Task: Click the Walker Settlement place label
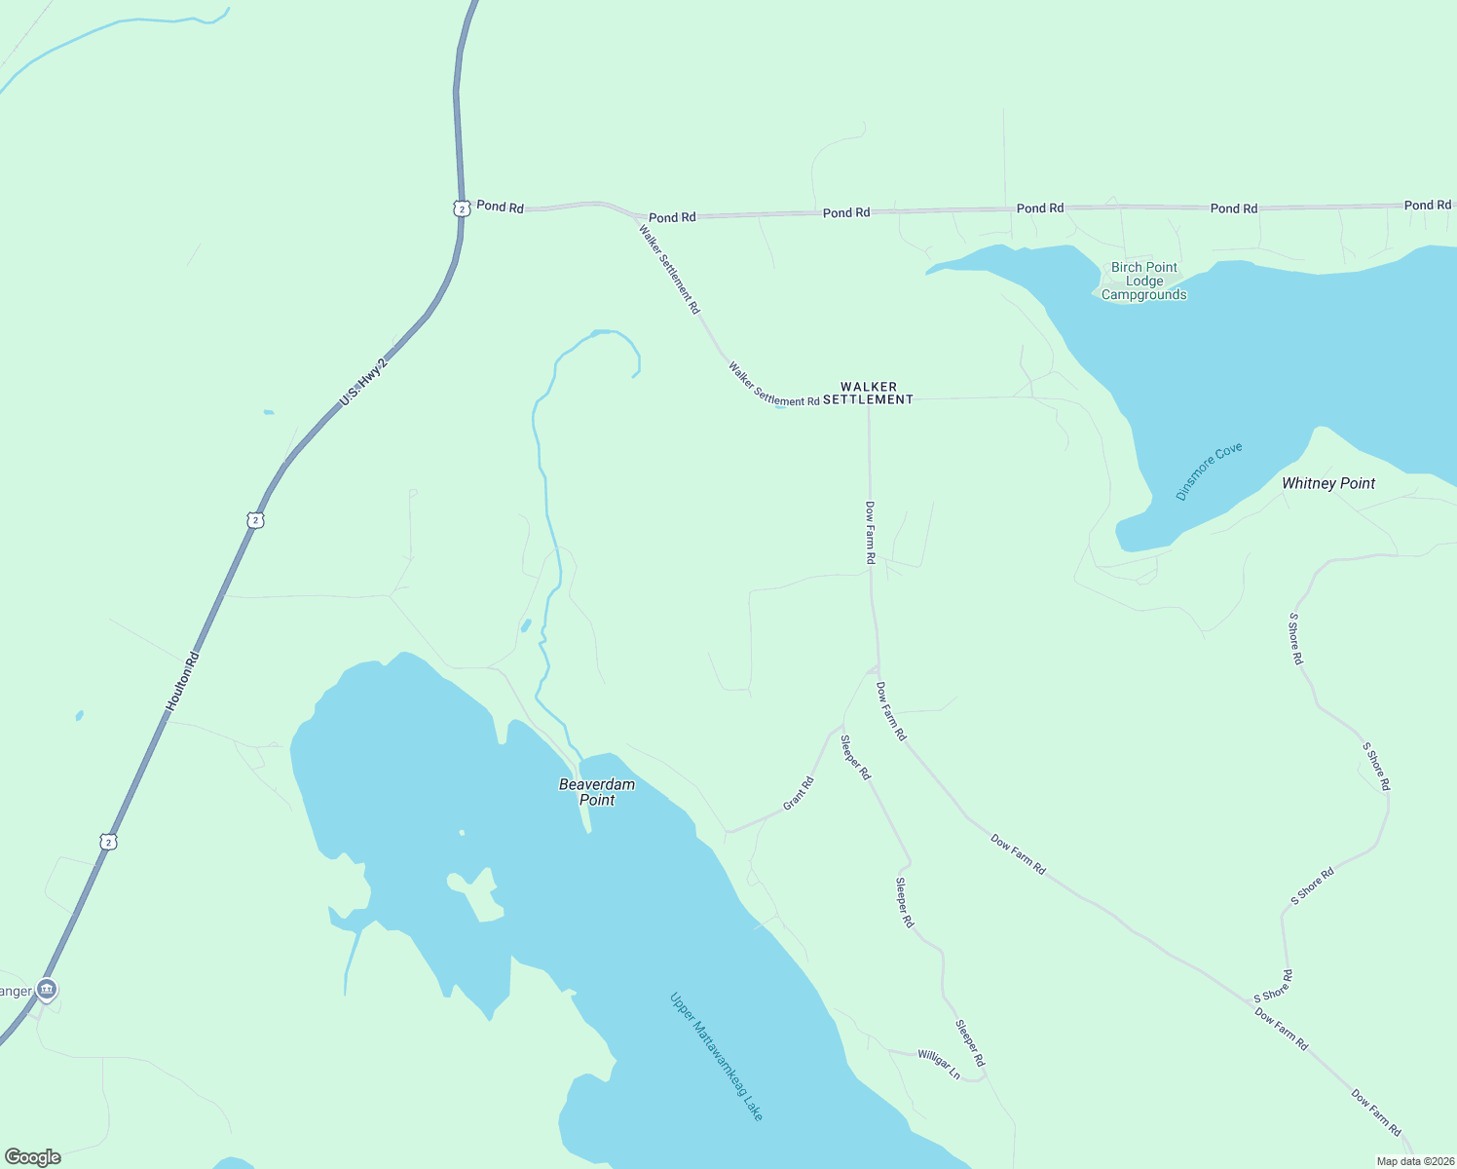tap(868, 393)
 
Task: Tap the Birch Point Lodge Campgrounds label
tap(1144, 281)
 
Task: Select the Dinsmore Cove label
tap(1209, 471)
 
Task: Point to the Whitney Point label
tap(1328, 483)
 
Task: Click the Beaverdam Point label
tap(597, 792)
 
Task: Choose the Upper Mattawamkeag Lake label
tap(717, 1056)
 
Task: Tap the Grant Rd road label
tap(798, 793)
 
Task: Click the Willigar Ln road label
tap(939, 1064)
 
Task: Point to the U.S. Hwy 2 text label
tap(362, 383)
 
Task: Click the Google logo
tap(33, 1157)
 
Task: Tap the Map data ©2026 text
tap(1414, 1161)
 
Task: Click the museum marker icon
tap(46, 990)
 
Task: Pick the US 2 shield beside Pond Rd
tap(462, 207)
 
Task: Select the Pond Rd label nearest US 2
tap(500, 207)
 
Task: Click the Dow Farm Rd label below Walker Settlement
tap(870, 533)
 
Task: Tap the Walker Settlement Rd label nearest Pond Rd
tap(669, 269)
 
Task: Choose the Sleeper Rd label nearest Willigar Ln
tap(969, 1042)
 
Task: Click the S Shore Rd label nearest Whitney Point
tap(1294, 638)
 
